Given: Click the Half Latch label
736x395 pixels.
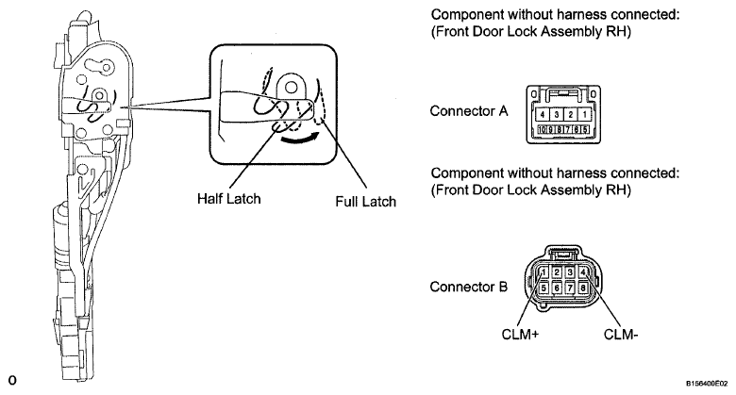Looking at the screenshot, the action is (x=228, y=198).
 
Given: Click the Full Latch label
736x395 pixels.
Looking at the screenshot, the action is (x=366, y=202).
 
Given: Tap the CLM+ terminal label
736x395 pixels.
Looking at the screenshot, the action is (x=520, y=335).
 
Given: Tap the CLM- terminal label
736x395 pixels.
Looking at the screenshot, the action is (x=621, y=335).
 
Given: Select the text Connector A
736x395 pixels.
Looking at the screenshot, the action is (x=469, y=111).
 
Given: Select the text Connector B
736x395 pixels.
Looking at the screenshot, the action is (x=468, y=287).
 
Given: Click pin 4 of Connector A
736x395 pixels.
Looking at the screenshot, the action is (x=543, y=114).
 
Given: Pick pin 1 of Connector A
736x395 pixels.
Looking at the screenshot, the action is (x=584, y=114).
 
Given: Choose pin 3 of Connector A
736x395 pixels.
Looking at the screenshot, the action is (x=557, y=114).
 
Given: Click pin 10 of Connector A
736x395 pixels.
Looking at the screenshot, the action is (x=543, y=129).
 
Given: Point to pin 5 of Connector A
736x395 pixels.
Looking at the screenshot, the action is (x=585, y=129).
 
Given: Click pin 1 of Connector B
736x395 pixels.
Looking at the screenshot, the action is (x=544, y=272).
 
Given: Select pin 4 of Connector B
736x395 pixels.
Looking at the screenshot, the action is (x=583, y=272).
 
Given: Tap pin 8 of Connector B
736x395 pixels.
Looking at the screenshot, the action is (x=583, y=288).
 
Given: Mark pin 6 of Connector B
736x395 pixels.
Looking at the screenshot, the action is (x=557, y=288).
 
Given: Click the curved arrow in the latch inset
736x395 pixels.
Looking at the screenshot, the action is (x=299, y=140).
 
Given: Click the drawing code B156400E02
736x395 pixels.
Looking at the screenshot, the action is (x=707, y=384).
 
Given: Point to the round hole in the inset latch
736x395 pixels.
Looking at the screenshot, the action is (x=291, y=87).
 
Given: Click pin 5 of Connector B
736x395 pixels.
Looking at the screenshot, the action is (x=544, y=288).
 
